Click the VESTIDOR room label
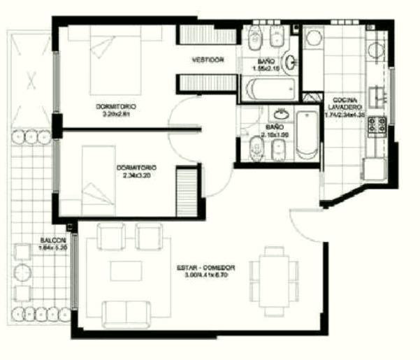[208, 61]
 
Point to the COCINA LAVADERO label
[346, 103]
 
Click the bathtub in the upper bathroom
[269, 89]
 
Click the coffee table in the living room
[126, 269]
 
